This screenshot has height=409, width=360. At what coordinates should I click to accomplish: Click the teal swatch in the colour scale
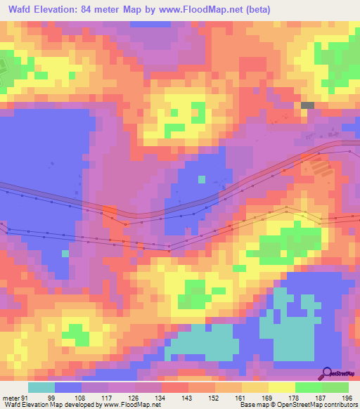tap(41, 387)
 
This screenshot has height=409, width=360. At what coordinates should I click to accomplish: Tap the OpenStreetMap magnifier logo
tap(326, 372)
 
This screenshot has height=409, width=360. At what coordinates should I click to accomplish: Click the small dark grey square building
tap(307, 105)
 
